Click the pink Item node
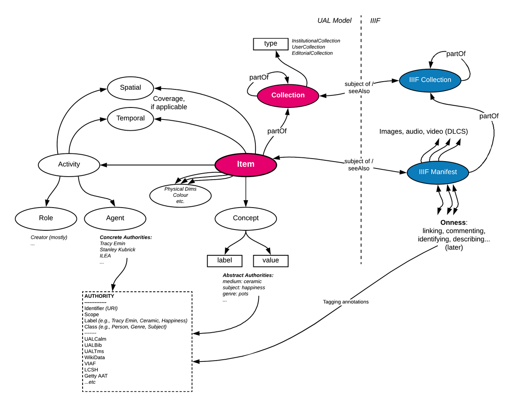tap(246, 164)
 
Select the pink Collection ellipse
tap(288, 95)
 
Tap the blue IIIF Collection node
tap(430, 80)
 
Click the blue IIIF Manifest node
tap(437, 172)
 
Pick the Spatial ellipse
tap(130, 87)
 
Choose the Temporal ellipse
tap(130, 118)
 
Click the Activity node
tap(69, 164)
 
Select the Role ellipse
tap(46, 218)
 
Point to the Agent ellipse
tap(115, 218)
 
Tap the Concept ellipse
tap(246, 218)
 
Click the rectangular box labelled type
tap(270, 43)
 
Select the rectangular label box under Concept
tap(224, 260)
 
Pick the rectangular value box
tap(270, 260)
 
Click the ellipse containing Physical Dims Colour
tap(180, 195)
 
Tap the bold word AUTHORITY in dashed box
tap(99, 296)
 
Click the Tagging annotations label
tap(346, 302)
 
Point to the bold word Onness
tap(453, 223)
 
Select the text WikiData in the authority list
tap(95, 357)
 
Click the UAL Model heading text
tap(334, 21)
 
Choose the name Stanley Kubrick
tap(117, 249)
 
